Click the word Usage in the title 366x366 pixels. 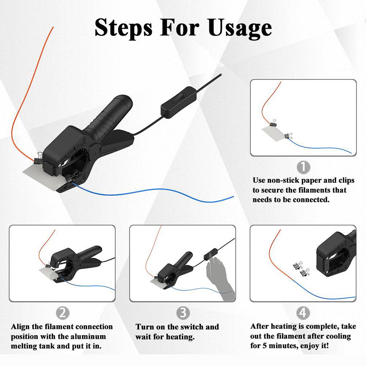pyautogui.click(x=240, y=28)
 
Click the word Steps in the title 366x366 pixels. pyautogui.click(x=124, y=28)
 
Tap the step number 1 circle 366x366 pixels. pyautogui.click(x=303, y=167)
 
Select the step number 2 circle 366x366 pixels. pyautogui.click(x=63, y=313)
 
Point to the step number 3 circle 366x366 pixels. pyautogui.click(x=183, y=313)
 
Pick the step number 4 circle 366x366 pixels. pyautogui.click(x=303, y=313)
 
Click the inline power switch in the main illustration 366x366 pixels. pyautogui.click(x=178, y=102)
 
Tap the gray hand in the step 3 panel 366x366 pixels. pyautogui.click(x=220, y=278)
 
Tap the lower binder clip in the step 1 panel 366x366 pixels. pyautogui.click(x=288, y=136)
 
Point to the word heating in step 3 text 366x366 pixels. pyautogui.click(x=181, y=337)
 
